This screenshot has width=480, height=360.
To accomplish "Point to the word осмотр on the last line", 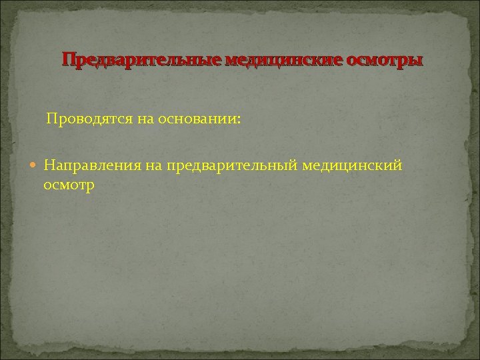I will point(69,185).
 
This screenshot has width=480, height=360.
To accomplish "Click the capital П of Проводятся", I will point(51,119).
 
